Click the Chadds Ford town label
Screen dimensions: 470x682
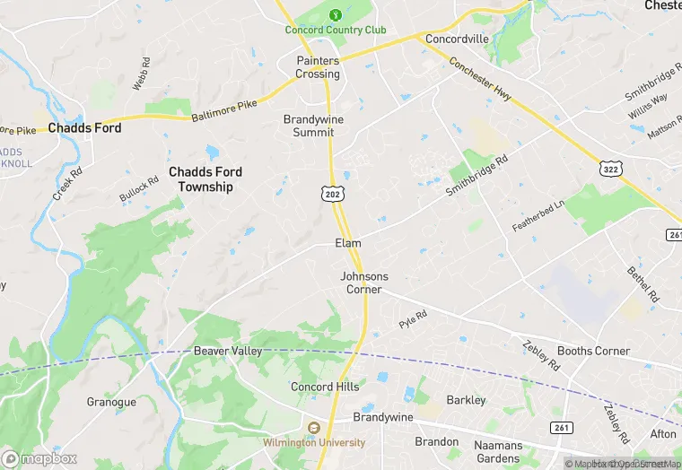(84, 128)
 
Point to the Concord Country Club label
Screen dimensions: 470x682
(335, 30)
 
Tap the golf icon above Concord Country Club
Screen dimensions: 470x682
(336, 14)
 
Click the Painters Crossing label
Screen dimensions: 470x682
(319, 67)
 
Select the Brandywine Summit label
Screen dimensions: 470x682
(308, 126)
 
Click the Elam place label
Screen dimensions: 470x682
(348, 243)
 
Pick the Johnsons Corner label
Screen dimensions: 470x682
(364, 283)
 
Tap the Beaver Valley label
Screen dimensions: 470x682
(228, 351)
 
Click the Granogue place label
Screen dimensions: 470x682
(111, 402)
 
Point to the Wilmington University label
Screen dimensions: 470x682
(314, 442)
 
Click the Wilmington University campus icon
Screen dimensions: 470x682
(314, 427)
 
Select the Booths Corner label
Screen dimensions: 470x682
(593, 351)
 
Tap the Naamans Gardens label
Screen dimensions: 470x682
(498, 450)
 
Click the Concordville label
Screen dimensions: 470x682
(457, 39)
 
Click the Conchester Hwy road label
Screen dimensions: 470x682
(480, 80)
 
